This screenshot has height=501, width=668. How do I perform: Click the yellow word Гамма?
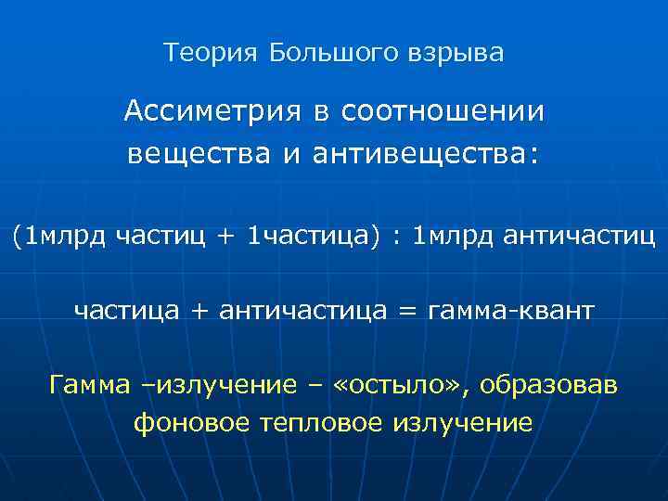[90, 384]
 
